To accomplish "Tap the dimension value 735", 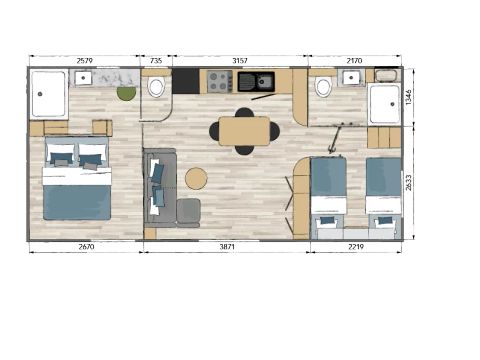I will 155,61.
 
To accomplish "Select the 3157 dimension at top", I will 240,61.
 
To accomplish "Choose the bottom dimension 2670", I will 86,246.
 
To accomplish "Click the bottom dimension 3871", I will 218,246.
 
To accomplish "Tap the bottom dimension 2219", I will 356,246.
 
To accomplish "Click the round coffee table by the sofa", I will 196,178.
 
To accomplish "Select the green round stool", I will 126,94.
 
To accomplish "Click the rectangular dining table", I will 244,131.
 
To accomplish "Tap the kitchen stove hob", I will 219,81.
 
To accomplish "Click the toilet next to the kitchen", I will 157,88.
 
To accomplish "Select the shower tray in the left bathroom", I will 48,95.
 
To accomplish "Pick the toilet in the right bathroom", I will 323,88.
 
